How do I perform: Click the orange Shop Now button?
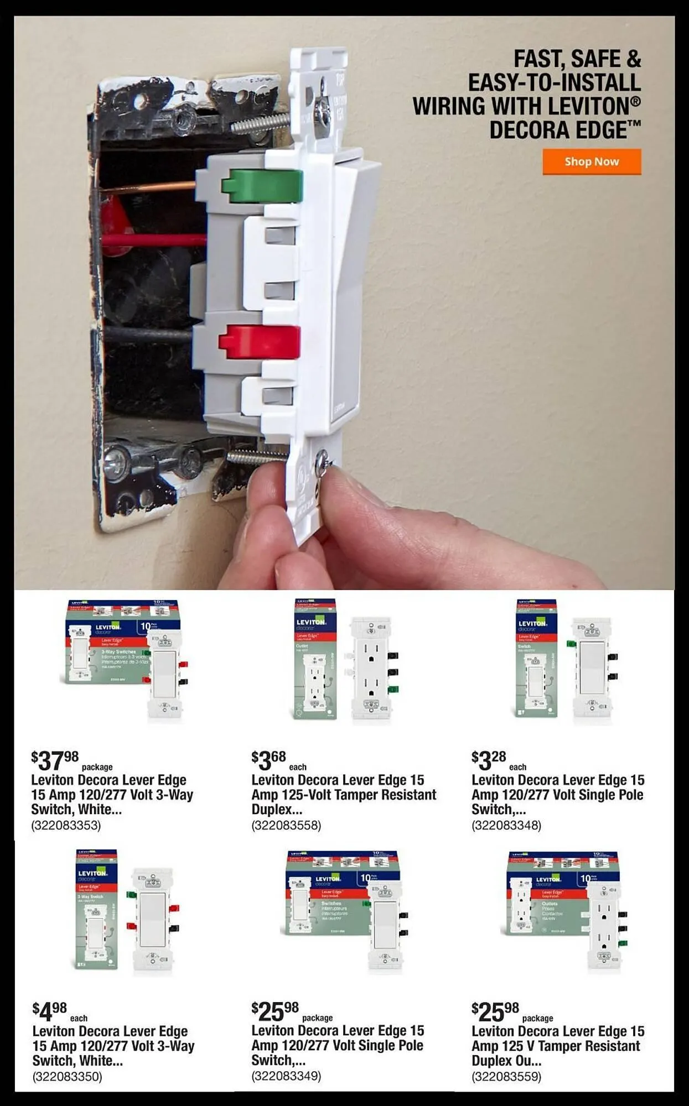click(592, 161)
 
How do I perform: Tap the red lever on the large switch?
click(260, 341)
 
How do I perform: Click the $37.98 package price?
click(55, 761)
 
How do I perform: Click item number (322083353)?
click(66, 825)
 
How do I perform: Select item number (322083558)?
click(286, 825)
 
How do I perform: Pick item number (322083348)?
click(506, 825)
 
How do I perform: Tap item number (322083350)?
click(67, 1076)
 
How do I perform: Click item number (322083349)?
click(286, 1076)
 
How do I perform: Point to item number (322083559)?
click(506, 1076)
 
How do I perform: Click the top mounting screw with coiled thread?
click(260, 122)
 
